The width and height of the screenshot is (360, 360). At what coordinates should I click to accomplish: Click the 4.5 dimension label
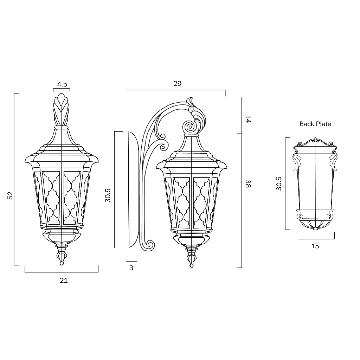(62, 84)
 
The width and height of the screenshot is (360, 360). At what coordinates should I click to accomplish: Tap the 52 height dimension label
(10, 195)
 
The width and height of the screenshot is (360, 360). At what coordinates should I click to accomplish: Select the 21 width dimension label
(64, 280)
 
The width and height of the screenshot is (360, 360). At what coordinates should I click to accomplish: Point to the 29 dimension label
(177, 83)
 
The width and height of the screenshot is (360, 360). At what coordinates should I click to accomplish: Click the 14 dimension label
(248, 119)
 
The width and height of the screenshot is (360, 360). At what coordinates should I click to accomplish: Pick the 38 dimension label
(248, 184)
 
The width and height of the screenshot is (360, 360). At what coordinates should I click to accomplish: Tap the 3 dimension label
(131, 268)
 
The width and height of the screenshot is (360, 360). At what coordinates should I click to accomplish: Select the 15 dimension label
(315, 246)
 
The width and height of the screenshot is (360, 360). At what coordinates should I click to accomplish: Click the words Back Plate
(315, 124)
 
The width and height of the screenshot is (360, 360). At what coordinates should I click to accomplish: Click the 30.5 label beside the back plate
(279, 184)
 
